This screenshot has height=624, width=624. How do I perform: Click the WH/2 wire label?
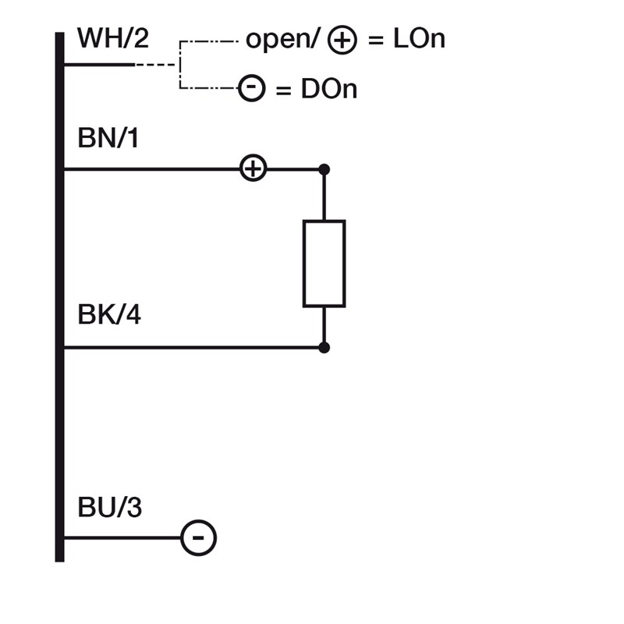coord(113,37)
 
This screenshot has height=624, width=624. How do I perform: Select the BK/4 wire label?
coord(109,316)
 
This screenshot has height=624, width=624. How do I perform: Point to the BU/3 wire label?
coord(110,508)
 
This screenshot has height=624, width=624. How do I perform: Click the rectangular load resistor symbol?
coord(324,264)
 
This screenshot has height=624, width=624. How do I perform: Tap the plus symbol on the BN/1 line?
coord(252,168)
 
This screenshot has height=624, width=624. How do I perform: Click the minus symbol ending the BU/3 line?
coord(198,538)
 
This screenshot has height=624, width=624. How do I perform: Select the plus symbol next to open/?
coord(342,40)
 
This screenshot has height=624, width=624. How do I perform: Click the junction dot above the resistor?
coord(324,169)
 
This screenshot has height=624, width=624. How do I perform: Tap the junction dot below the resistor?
coord(324,348)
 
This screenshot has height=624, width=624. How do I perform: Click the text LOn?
coord(419,39)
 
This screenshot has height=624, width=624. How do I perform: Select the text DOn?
coord(328,89)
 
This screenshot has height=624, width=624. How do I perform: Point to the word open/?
coord(282,39)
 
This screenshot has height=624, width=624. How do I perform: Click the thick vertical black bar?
coord(59,296)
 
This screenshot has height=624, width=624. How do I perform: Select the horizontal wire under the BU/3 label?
coord(121,538)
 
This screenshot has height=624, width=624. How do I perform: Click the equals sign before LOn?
coord(377,40)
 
